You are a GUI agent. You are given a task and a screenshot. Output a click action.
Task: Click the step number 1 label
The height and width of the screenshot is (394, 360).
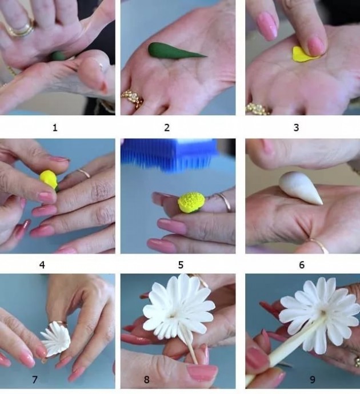coord(55,128)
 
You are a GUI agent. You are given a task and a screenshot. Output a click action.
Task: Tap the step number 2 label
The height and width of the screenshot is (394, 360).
coord(167,128)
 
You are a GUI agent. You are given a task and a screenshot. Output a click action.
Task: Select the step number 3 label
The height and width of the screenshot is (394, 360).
coord(297,128)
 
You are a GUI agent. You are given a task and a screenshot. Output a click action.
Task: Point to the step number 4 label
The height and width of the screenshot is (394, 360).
coord(42,265)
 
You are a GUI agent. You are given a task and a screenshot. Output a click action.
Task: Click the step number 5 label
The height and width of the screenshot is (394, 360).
coord(181,265)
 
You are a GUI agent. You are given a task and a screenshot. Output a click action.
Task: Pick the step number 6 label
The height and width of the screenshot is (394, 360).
coord(302,265)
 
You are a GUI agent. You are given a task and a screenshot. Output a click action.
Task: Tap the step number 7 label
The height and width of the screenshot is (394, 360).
coord(35,379)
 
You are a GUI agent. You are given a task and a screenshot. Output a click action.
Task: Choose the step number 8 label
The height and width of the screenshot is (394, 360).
coord(146,379)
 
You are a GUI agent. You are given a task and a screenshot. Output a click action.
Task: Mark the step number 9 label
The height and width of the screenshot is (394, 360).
coord(313,379)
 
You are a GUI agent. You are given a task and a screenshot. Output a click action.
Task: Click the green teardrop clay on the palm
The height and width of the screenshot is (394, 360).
coord(174,51)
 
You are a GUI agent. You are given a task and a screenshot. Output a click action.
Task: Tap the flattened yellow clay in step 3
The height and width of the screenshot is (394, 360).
coord(304,54)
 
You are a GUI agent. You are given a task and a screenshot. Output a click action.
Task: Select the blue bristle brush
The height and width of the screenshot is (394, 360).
coord(170,153)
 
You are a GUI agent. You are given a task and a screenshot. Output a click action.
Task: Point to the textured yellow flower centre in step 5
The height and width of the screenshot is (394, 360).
coord(191,202)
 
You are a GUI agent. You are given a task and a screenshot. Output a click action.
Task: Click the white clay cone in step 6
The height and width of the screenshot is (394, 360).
coord(299,187)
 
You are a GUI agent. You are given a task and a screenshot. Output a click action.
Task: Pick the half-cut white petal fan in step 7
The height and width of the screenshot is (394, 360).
coord(56,339)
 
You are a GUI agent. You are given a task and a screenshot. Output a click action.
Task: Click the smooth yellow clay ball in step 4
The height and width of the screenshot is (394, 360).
coord(49,179)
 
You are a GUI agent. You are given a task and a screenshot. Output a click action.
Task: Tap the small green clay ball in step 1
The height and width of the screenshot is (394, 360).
coord(58,56)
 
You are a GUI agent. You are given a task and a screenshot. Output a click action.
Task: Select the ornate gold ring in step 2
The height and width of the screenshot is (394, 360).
coord(132,99)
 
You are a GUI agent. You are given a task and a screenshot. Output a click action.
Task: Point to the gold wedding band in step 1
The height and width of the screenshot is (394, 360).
coord(21,30)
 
